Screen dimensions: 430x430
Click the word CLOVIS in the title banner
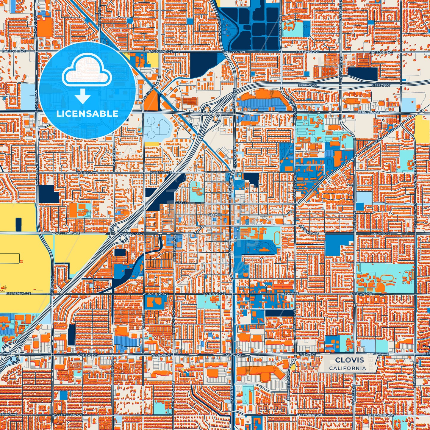pyautogui.click(x=349, y=360)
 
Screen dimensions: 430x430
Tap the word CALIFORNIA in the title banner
pyautogui.click(x=347, y=368)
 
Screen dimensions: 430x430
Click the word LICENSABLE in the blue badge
pyautogui.click(x=87, y=113)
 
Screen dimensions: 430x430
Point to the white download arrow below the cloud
pyautogui.click(x=82, y=97)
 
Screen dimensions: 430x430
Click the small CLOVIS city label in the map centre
pyautogui.click(x=215, y=215)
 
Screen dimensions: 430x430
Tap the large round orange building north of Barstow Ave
pyautogui.click(x=379, y=287)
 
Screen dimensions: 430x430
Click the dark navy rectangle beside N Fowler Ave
pyautogui.click(x=362, y=74)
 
